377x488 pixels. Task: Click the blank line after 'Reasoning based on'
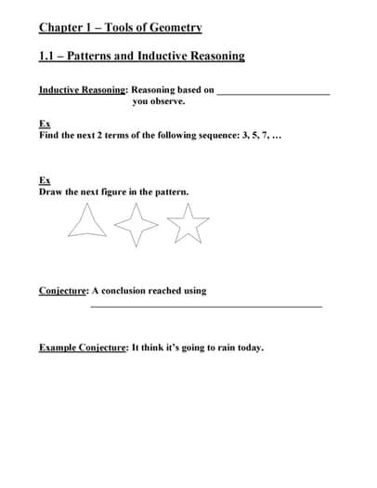click(273, 93)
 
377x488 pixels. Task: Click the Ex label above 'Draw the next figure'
click(45, 180)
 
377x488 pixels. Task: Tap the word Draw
click(50, 191)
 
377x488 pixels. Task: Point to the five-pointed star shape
click(189, 224)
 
